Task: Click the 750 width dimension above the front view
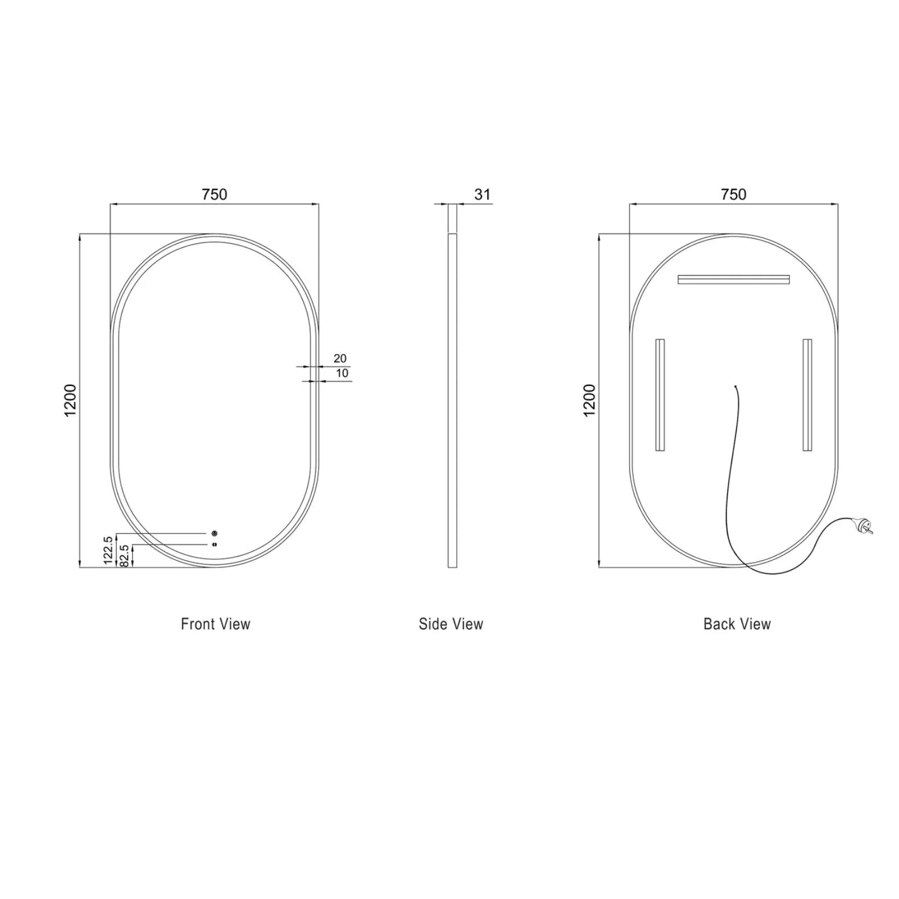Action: pyautogui.click(x=214, y=194)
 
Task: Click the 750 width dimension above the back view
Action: pyautogui.click(x=733, y=194)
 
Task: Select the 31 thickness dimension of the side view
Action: pyautogui.click(x=482, y=194)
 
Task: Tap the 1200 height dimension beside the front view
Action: pyautogui.click(x=70, y=400)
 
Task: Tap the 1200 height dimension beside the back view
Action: pyautogui.click(x=589, y=400)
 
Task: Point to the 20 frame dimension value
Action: pyautogui.click(x=340, y=358)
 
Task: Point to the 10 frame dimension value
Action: pyautogui.click(x=342, y=373)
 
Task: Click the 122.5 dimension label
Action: pyautogui.click(x=108, y=550)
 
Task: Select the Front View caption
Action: pyautogui.click(x=215, y=624)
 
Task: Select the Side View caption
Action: pyautogui.click(x=451, y=624)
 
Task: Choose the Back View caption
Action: pyautogui.click(x=737, y=624)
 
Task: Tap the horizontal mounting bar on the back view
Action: pyautogui.click(x=733, y=279)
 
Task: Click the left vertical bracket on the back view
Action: pyautogui.click(x=660, y=394)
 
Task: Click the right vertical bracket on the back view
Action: pyautogui.click(x=807, y=394)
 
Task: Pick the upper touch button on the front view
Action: pyautogui.click(x=214, y=533)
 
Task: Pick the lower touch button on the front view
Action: pyautogui.click(x=214, y=544)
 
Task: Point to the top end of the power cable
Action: pyautogui.click(x=735, y=387)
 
